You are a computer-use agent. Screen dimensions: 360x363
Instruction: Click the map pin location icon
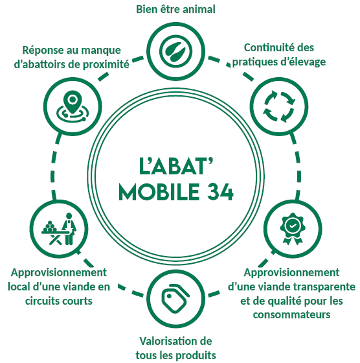coord(73,106)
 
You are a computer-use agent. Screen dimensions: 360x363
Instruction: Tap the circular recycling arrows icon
coord(279,106)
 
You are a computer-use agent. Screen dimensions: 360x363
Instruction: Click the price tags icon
coord(175,298)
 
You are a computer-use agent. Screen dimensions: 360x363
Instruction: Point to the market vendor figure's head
coord(69,216)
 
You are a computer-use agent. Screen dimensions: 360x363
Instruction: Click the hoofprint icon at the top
coord(175,51)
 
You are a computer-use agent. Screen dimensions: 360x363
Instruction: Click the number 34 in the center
coord(220,192)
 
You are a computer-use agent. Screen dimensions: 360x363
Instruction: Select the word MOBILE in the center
coord(159,192)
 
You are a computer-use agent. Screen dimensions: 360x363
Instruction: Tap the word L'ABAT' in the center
coord(175,166)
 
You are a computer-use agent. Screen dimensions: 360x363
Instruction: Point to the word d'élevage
coord(303,62)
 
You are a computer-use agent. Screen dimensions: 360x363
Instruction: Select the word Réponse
coord(43,51)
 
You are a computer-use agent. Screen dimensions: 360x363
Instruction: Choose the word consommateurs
coord(291,314)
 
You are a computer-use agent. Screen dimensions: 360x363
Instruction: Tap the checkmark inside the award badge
coord(293,226)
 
